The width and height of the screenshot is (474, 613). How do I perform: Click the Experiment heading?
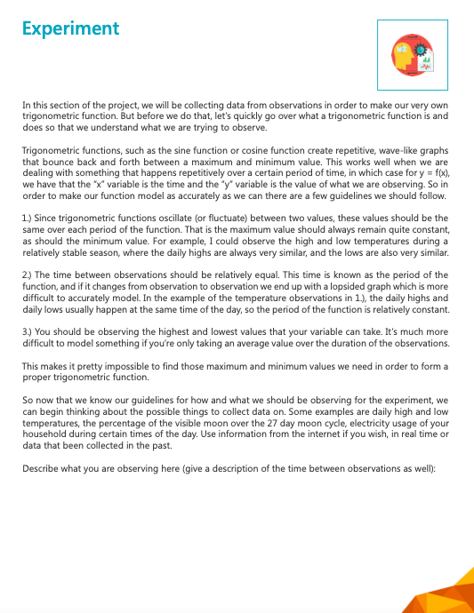70,28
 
